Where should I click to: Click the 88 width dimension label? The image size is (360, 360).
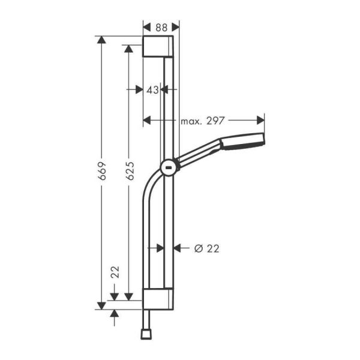[x=161, y=26]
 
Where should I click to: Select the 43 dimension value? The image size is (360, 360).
[x=152, y=89]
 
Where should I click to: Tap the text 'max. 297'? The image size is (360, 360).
[x=202, y=121]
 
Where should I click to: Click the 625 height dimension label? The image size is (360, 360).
[x=129, y=172]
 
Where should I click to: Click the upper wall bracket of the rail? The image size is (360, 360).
[x=158, y=46]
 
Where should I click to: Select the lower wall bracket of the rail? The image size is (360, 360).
[x=158, y=298]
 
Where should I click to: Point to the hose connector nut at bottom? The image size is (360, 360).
[x=146, y=331]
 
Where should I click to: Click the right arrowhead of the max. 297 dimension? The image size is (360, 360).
[x=260, y=121]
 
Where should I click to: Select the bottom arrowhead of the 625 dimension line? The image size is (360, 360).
[x=128, y=296]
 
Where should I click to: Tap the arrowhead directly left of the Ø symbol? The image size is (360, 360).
[x=178, y=248]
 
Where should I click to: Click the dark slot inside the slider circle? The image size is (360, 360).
[x=169, y=167]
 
